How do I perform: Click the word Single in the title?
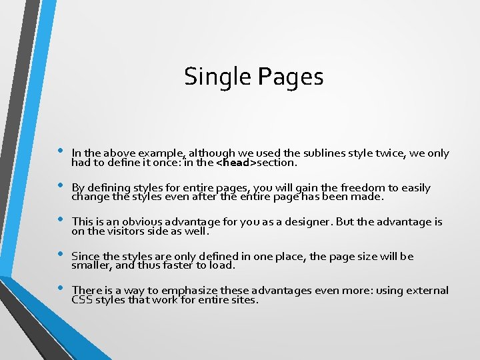click(209, 77)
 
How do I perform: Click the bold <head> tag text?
click(241, 162)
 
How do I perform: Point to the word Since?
click(85, 257)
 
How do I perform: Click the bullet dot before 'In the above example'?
click(60, 151)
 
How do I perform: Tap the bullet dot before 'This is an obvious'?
click(60, 219)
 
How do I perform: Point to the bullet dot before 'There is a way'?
click(60, 288)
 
